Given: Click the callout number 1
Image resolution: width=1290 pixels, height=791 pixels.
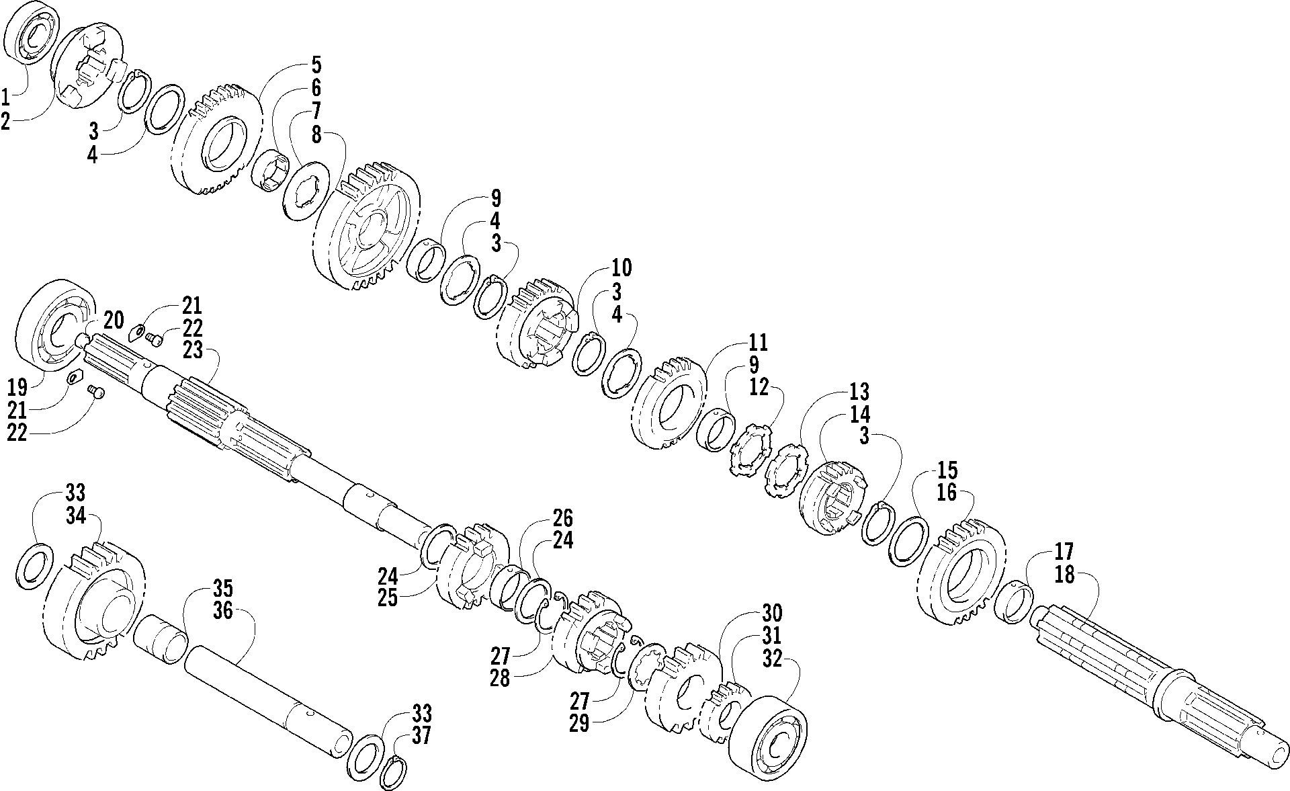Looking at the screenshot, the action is pyautogui.click(x=6, y=98).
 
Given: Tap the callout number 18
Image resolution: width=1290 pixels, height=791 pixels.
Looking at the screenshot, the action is pyautogui.click(x=1065, y=576).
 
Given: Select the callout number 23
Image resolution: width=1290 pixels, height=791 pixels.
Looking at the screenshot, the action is pyautogui.click(x=192, y=351).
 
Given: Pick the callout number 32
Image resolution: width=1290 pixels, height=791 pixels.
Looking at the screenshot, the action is pyautogui.click(x=773, y=659).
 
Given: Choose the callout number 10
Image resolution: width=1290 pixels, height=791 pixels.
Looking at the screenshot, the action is pyautogui.click(x=621, y=268).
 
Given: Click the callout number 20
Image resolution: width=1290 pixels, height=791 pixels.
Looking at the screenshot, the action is pyautogui.click(x=114, y=321).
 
